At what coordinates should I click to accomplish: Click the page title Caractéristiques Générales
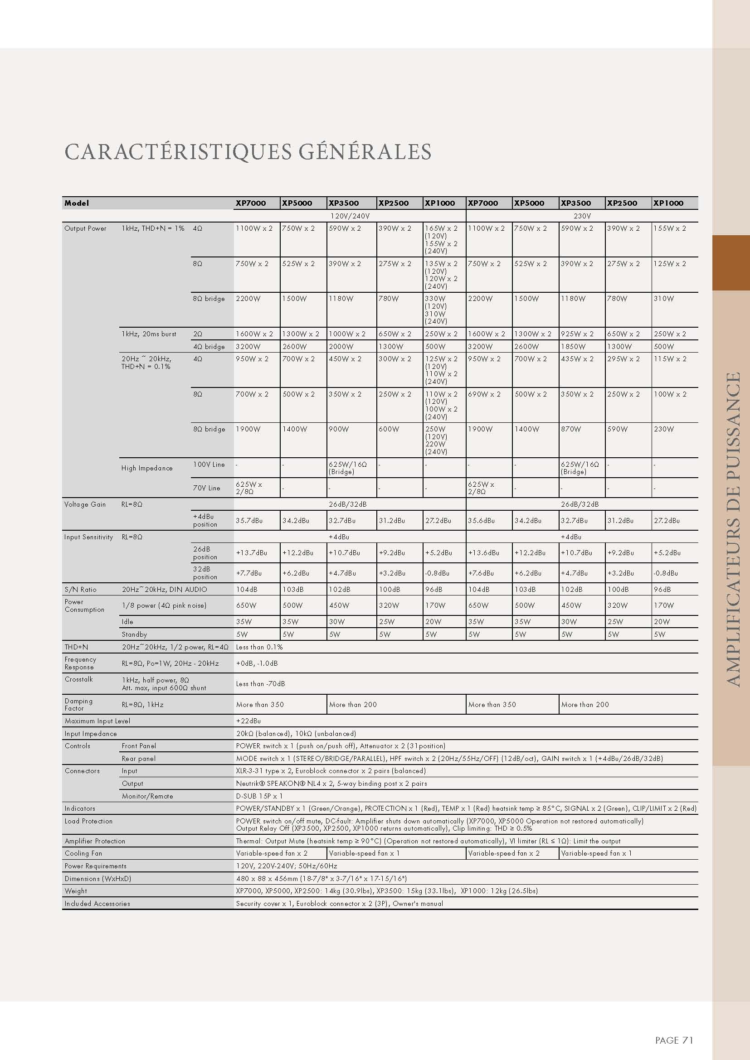248,152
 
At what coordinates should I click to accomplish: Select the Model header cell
77,203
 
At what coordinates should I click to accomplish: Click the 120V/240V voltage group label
350,216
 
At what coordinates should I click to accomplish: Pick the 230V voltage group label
582,216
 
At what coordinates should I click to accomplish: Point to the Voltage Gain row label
85,504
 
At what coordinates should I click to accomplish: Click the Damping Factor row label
78,705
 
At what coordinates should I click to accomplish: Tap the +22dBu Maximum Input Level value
248,721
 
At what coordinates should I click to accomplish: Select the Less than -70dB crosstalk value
260,684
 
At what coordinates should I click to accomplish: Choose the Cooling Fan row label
83,853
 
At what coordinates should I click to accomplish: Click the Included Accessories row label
97,904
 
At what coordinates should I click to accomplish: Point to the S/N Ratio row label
80,590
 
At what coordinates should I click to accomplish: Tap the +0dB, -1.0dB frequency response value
257,663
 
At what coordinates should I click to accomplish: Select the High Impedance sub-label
147,468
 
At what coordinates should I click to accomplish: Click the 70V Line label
206,488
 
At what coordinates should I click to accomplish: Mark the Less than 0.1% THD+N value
259,647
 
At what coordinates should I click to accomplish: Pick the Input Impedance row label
91,734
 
